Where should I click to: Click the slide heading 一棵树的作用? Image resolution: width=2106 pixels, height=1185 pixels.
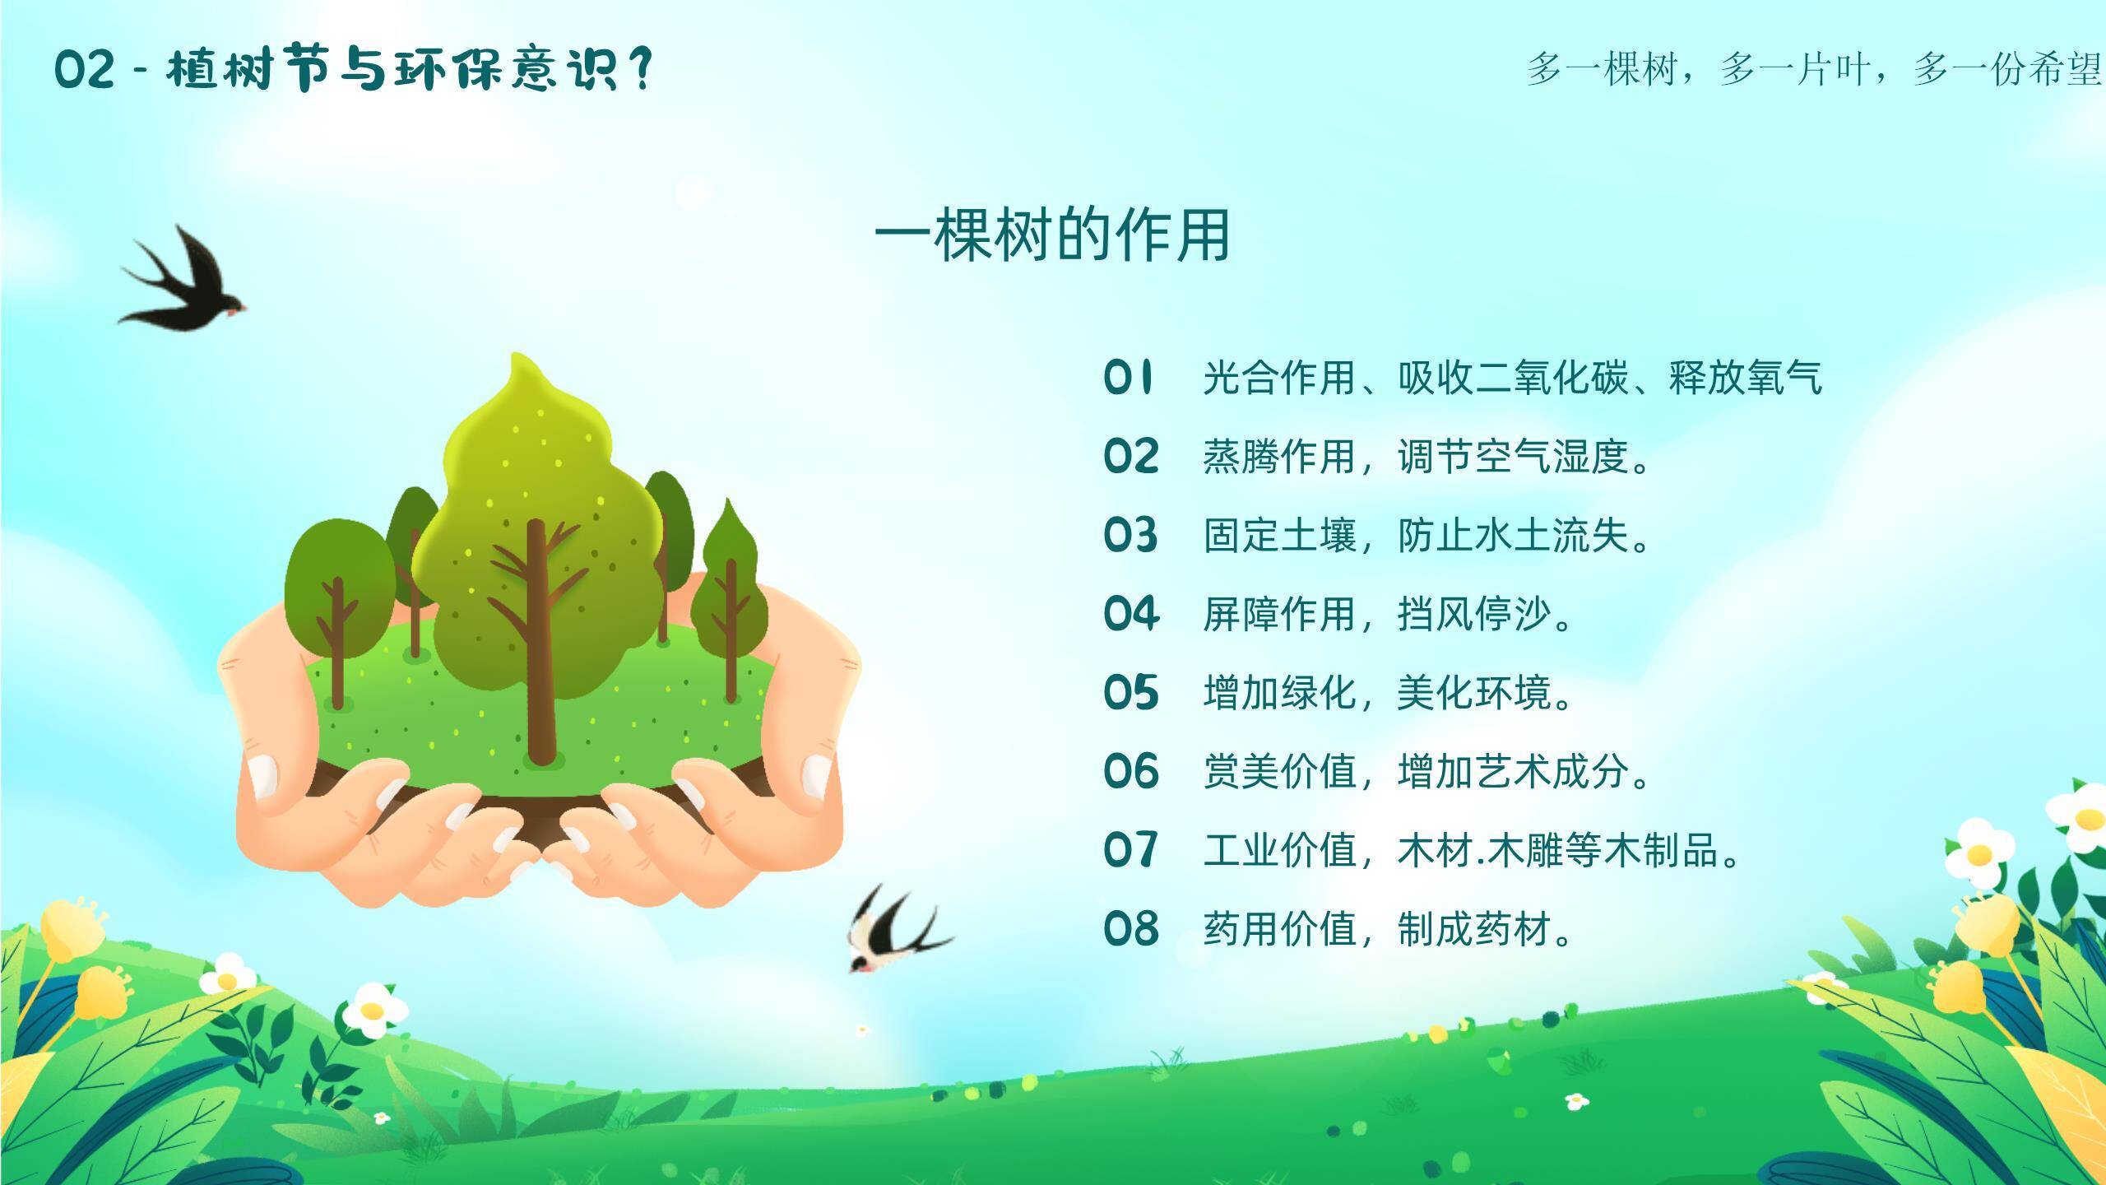click(1052, 235)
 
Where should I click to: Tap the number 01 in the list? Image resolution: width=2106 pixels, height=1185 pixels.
click(1129, 378)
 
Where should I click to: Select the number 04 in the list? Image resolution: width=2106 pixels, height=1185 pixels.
click(1131, 614)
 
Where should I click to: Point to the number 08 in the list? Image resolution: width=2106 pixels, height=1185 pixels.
click(1131, 929)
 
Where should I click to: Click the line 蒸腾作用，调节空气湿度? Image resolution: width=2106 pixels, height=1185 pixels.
click(1426, 457)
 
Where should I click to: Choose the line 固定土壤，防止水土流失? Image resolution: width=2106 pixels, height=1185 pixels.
click(1426, 536)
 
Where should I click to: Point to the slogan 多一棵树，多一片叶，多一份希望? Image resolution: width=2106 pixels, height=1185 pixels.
click(1814, 69)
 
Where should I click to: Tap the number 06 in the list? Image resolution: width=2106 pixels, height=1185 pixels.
click(1131, 772)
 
